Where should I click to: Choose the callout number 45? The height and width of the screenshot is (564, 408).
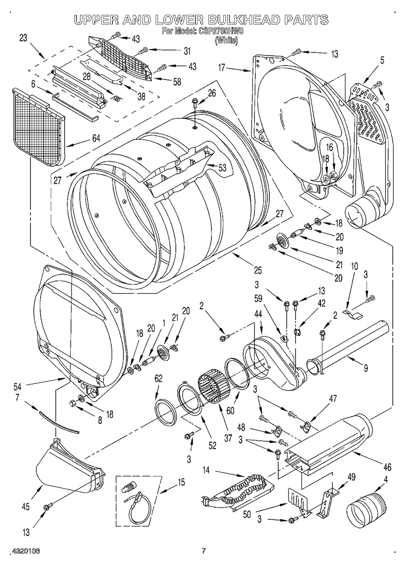pos(25,506)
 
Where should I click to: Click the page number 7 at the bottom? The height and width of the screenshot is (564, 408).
pos(204,550)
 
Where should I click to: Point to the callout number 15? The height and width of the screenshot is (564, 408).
pos(181,482)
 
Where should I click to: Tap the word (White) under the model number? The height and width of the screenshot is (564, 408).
pos(226,41)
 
